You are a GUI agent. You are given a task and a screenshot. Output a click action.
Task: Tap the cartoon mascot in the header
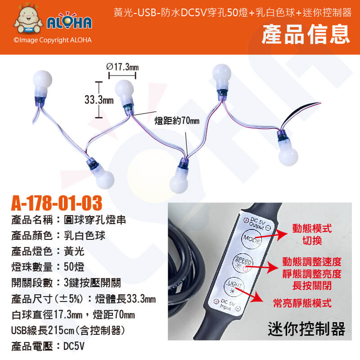point(28,18)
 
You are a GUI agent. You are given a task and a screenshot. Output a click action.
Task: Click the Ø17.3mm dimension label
point(122,67)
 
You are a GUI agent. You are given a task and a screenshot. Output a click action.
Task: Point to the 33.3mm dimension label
point(99,100)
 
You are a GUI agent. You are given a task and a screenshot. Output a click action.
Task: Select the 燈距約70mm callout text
point(177,121)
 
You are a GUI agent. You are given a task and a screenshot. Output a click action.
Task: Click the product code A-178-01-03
point(57,203)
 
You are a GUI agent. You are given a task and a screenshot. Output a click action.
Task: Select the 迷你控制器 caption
point(306,329)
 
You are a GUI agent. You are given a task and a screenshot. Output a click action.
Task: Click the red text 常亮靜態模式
point(302,303)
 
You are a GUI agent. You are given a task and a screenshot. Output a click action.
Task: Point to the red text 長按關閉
point(312,286)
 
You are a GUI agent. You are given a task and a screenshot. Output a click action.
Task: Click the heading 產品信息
point(306,34)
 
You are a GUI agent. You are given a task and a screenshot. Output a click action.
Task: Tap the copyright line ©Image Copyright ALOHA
point(53,40)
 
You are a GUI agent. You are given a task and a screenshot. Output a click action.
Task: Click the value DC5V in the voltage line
point(74,346)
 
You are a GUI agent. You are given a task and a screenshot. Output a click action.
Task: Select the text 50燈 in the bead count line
point(74,267)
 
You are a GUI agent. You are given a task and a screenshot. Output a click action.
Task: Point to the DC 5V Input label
point(227,305)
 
